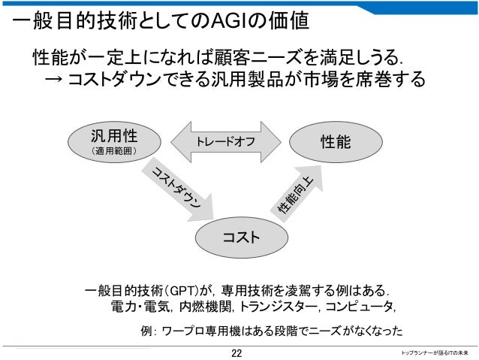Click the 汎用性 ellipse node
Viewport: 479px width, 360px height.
113,144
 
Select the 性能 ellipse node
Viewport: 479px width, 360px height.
335,142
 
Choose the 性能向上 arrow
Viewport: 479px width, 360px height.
293,192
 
